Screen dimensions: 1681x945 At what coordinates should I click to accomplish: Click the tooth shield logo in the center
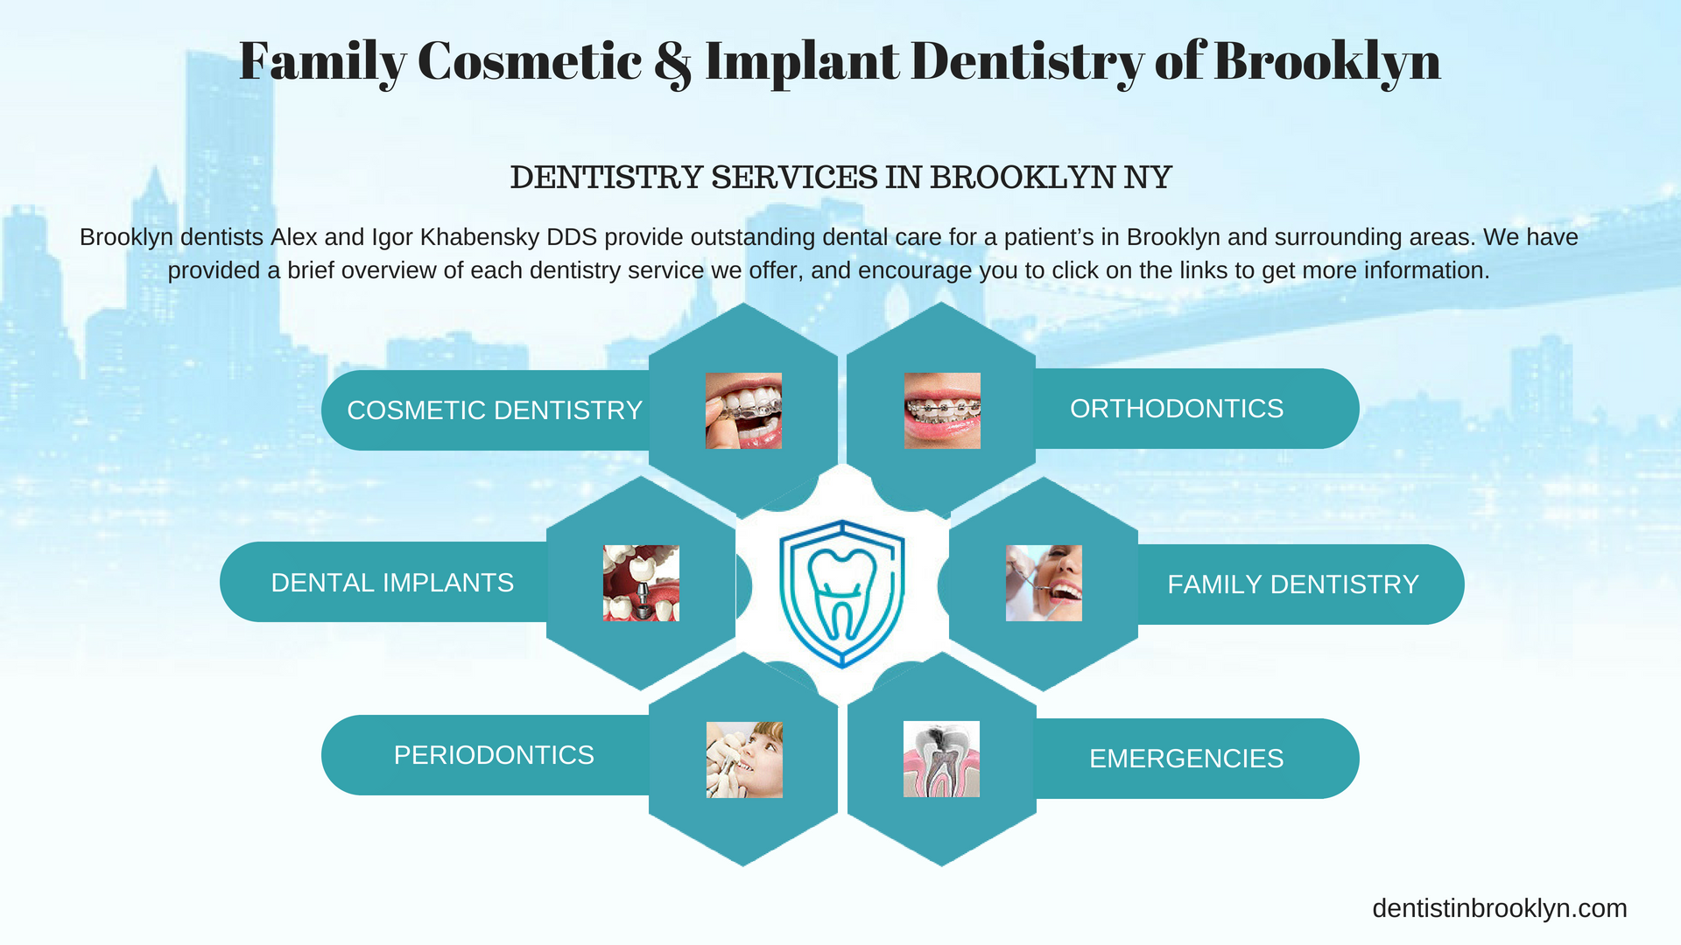coord(841,593)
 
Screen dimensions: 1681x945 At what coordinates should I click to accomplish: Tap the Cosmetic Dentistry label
coord(495,410)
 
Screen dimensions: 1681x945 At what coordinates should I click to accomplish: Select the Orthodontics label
coord(1177,409)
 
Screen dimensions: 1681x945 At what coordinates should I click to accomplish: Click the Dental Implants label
coord(392,583)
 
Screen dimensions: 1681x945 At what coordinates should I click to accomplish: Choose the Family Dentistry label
coord(1293,584)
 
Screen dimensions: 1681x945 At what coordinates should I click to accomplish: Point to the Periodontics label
coord(494,755)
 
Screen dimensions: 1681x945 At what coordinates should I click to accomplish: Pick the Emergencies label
coord(1186,759)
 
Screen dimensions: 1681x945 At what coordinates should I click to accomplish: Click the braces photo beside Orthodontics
coord(942,410)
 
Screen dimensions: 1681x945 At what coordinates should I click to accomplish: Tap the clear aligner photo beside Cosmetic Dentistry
coord(743,410)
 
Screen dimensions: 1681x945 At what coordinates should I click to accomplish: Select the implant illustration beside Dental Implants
coord(641,584)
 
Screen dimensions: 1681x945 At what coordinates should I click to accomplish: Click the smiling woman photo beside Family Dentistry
coord(1044,584)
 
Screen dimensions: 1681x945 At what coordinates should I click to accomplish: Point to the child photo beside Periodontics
coord(744,759)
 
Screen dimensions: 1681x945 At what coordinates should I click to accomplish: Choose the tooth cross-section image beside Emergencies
coord(941,759)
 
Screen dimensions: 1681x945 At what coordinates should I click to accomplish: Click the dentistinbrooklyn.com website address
coord(1500,909)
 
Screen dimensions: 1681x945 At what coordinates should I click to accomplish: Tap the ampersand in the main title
coord(672,63)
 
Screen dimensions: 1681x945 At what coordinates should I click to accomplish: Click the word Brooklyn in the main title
coord(1327,61)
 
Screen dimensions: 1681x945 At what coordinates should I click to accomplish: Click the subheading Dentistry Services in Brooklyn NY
coord(840,178)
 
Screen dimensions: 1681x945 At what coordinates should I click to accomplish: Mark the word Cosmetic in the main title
coord(530,61)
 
